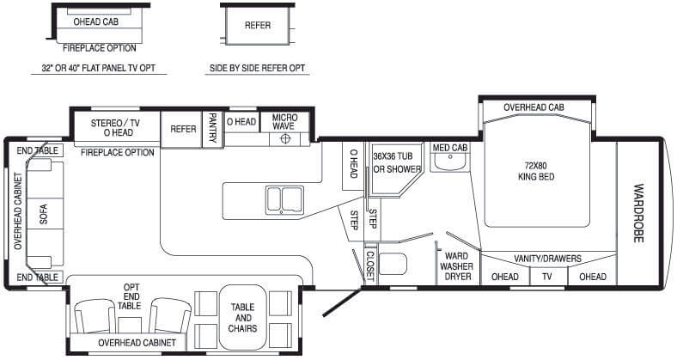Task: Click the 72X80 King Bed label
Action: coord(536,171)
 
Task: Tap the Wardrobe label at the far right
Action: coord(638,213)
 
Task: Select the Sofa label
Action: coord(44,214)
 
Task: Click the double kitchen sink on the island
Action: coord(284,199)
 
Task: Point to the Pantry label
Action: coord(212,128)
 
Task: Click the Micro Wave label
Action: coord(285,122)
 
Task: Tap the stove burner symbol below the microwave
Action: coord(284,138)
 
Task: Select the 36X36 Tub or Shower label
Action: coord(397,162)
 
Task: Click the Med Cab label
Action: coord(450,148)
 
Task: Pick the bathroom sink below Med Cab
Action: coord(450,161)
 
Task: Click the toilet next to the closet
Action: coord(393,264)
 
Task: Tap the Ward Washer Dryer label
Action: coord(456,266)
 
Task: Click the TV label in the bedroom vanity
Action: coord(547,277)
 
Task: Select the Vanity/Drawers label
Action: coord(547,259)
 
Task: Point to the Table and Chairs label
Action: coord(242,318)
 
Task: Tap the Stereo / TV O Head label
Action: coord(116,128)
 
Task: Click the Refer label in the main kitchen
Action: coord(183,129)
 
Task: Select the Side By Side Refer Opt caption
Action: coord(258,68)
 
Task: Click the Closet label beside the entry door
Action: coord(370,265)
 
